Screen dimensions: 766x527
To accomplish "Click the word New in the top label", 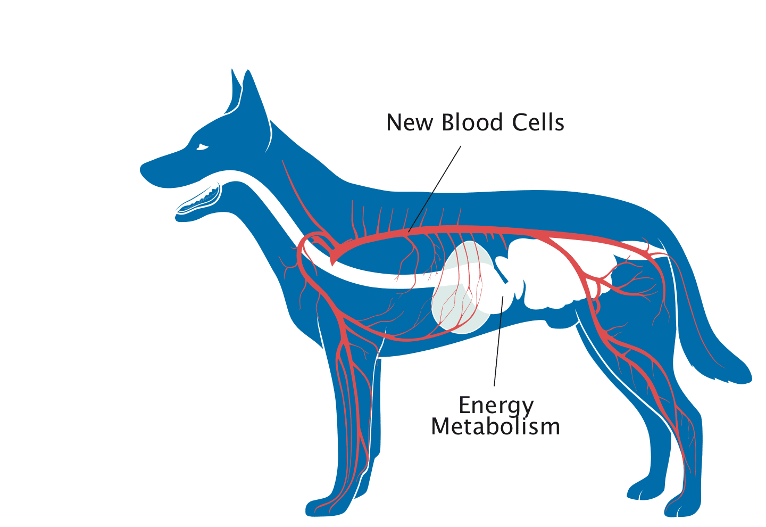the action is pos(410,122).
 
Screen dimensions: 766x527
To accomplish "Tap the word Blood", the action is pos(472,122).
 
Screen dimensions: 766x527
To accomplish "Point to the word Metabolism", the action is pos(496,426).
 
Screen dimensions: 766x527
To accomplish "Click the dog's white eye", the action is pos(202,147).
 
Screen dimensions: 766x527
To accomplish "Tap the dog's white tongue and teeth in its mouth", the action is pos(198,200).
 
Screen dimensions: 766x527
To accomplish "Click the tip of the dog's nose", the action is pos(141,169).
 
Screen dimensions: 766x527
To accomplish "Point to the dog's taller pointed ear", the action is pos(256,110).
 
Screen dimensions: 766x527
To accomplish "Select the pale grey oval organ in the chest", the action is pos(462,287).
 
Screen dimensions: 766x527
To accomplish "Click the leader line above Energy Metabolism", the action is pos(498,341).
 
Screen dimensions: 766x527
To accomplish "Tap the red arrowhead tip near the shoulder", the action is pos(331,266).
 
